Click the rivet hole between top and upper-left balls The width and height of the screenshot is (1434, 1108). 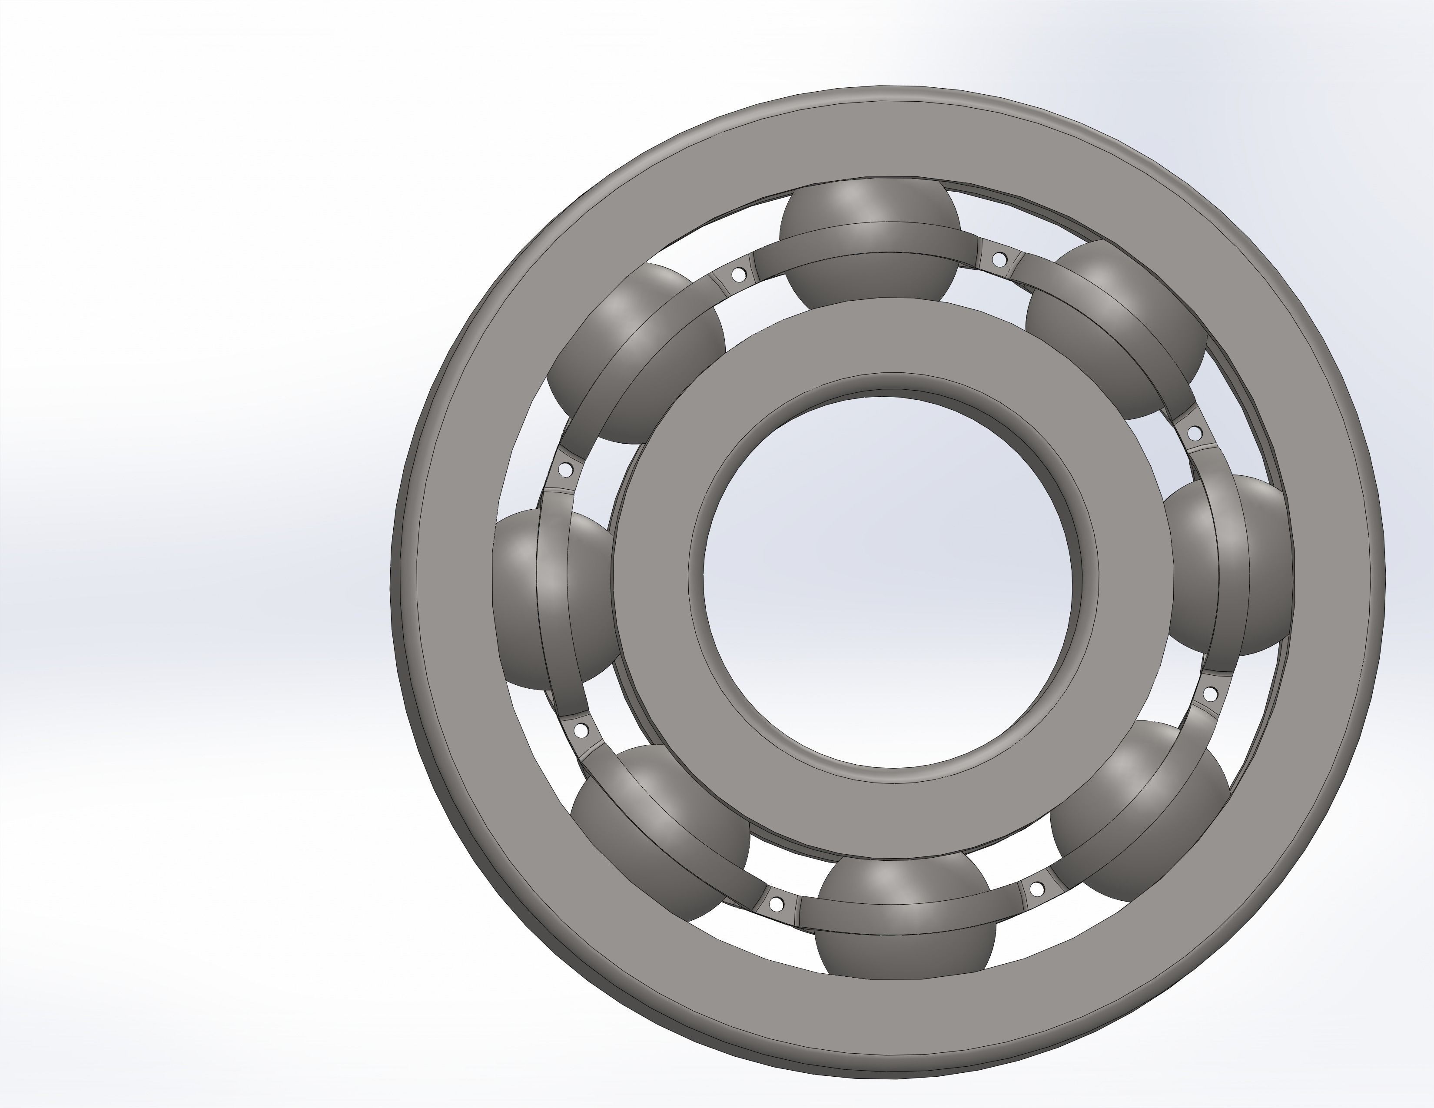739,273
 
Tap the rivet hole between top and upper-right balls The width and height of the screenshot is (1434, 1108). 999,259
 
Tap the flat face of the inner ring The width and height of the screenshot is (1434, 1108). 886,348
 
